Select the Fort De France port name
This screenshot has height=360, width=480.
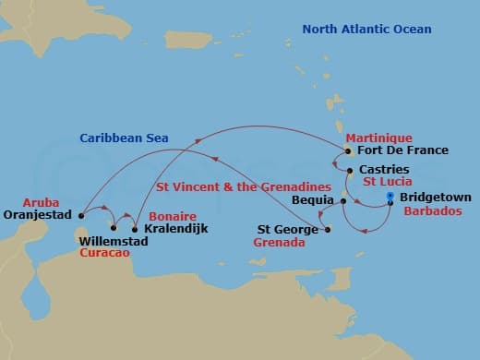click(403, 150)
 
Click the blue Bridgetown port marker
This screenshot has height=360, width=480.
click(390, 198)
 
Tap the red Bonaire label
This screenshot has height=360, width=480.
click(172, 215)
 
